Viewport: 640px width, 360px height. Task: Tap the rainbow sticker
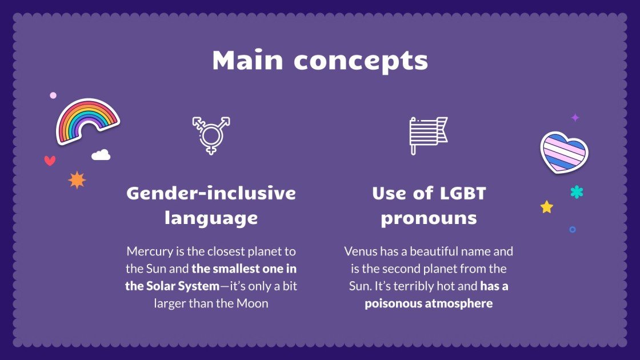click(x=87, y=121)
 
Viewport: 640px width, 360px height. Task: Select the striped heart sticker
click(x=564, y=151)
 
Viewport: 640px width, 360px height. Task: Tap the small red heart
click(x=50, y=161)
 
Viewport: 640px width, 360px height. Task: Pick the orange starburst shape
click(x=77, y=180)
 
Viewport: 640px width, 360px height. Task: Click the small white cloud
click(x=101, y=154)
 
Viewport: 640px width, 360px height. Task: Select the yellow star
click(x=547, y=207)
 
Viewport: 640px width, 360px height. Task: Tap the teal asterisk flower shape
click(x=577, y=192)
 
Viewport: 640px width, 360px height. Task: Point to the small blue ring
click(x=572, y=229)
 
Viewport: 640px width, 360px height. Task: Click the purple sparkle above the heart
click(x=575, y=118)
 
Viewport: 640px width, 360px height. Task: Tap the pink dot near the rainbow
click(x=53, y=95)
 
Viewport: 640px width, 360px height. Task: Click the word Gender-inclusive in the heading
click(x=211, y=193)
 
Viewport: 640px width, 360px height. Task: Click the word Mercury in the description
click(x=149, y=251)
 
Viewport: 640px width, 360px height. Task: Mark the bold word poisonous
click(x=391, y=303)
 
